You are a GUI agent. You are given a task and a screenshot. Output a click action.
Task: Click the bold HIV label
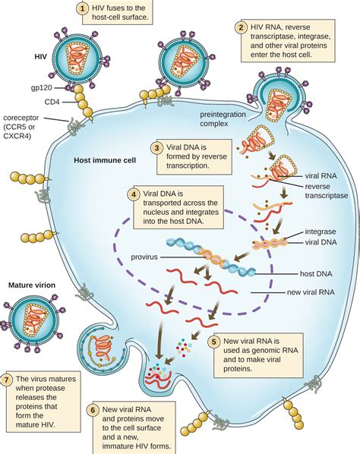click(42, 56)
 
